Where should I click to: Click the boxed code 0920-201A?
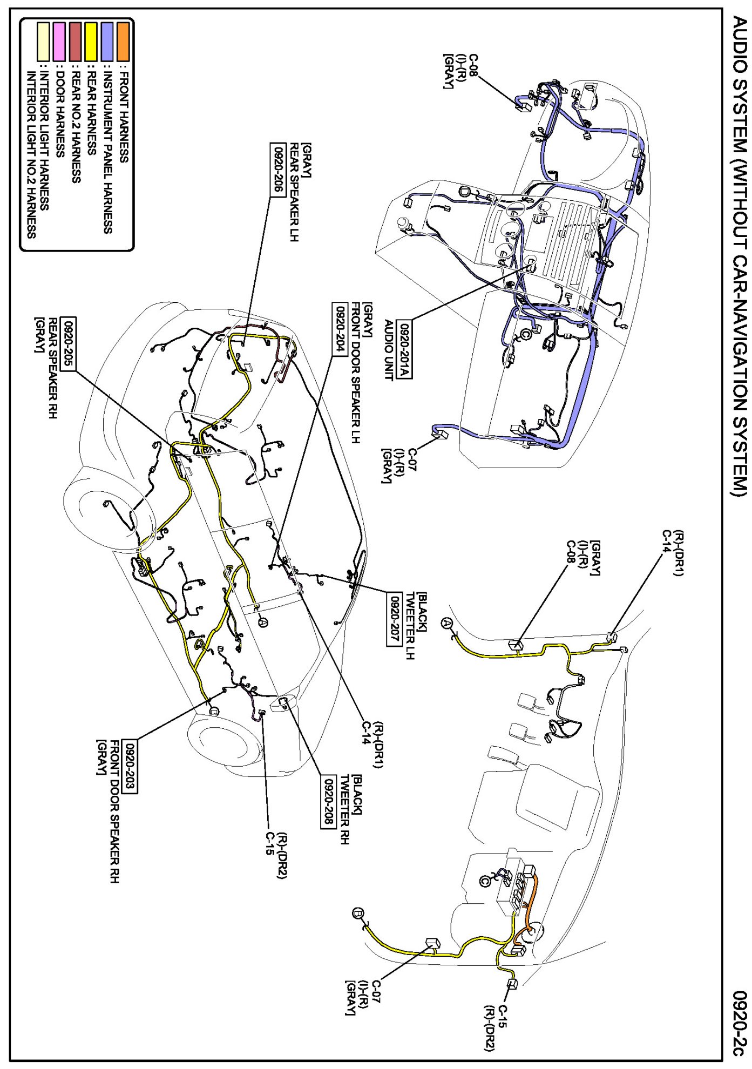(x=404, y=350)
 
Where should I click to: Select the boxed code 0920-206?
(x=277, y=170)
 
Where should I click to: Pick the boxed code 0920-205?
(x=68, y=343)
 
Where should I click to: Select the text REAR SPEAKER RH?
(x=53, y=367)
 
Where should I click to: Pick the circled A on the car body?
(x=263, y=623)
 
